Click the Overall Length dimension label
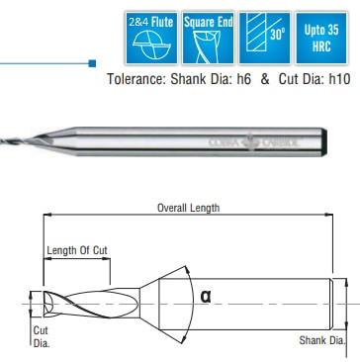click(188, 209)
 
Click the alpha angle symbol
click(205, 295)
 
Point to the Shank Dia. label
click(321, 341)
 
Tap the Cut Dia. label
click(42, 336)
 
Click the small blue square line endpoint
click(91, 62)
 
